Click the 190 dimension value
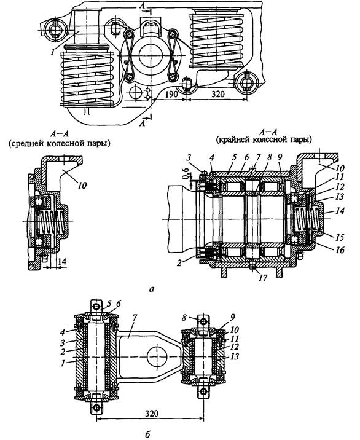click(x=171, y=94)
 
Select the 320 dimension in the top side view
click(x=217, y=94)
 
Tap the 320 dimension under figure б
click(x=152, y=414)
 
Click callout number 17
click(x=263, y=278)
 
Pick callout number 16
click(x=340, y=249)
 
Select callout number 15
click(x=340, y=237)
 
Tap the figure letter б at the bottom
click(x=147, y=434)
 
